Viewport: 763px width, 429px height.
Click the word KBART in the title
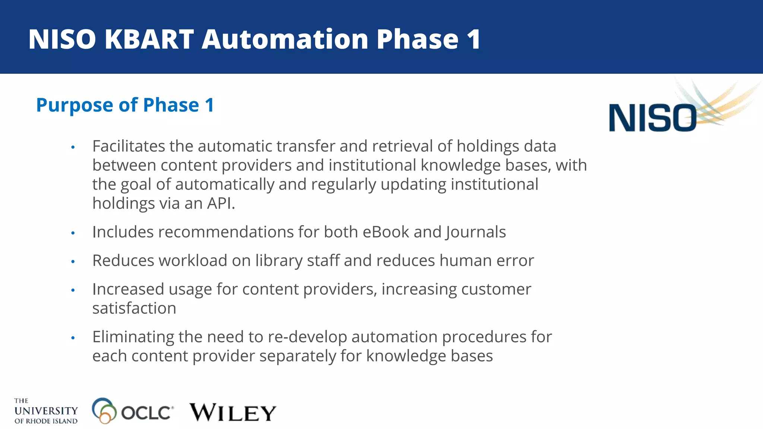click(149, 39)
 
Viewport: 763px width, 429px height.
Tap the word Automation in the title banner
click(285, 39)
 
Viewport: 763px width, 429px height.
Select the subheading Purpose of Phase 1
click(125, 105)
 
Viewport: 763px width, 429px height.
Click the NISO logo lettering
click(652, 118)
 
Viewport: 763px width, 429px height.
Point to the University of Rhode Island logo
click(46, 411)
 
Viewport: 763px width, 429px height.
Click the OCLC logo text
click(147, 413)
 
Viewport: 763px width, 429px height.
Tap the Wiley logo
click(233, 413)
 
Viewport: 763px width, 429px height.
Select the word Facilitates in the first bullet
click(129, 146)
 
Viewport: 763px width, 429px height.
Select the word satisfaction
click(134, 308)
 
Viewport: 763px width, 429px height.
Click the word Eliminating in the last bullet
click(133, 337)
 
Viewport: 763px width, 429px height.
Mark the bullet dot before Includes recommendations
click(73, 233)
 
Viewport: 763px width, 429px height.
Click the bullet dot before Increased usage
click(73, 290)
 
